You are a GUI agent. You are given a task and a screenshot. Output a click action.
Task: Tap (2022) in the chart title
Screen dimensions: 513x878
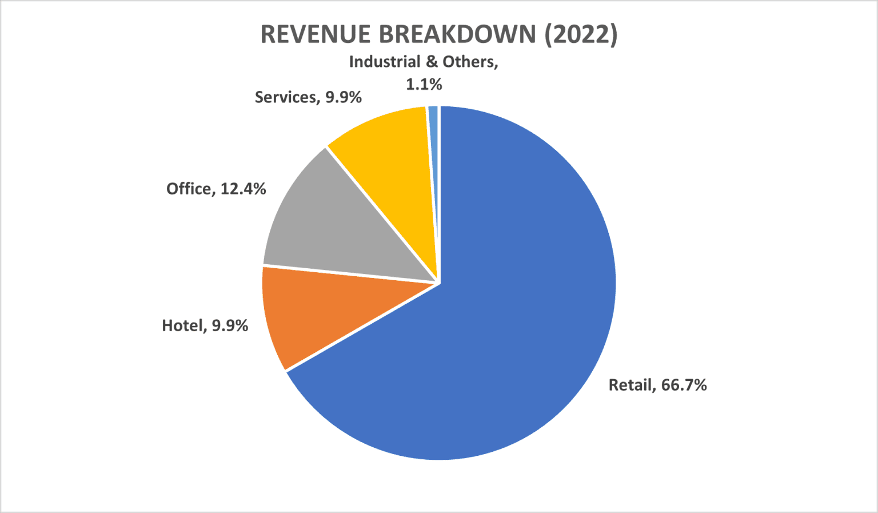(x=581, y=34)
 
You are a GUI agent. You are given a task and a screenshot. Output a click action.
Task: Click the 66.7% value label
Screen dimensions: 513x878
(x=684, y=385)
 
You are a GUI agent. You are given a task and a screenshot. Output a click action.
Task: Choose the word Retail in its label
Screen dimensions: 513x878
(x=631, y=385)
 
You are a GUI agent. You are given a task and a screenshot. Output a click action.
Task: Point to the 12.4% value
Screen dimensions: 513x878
(x=243, y=189)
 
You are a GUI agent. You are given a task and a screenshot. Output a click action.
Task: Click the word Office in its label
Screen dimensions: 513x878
(x=190, y=189)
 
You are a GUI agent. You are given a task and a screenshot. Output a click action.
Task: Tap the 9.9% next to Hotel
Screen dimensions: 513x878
(x=230, y=325)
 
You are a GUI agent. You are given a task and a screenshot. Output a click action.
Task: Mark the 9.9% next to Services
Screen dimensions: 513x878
(x=344, y=97)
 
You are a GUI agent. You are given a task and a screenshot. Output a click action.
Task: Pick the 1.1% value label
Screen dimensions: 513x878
(x=424, y=85)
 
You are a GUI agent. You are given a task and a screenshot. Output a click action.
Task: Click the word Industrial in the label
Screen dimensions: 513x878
(x=385, y=62)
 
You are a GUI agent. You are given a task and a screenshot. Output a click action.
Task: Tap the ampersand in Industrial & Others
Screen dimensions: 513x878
(x=432, y=62)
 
